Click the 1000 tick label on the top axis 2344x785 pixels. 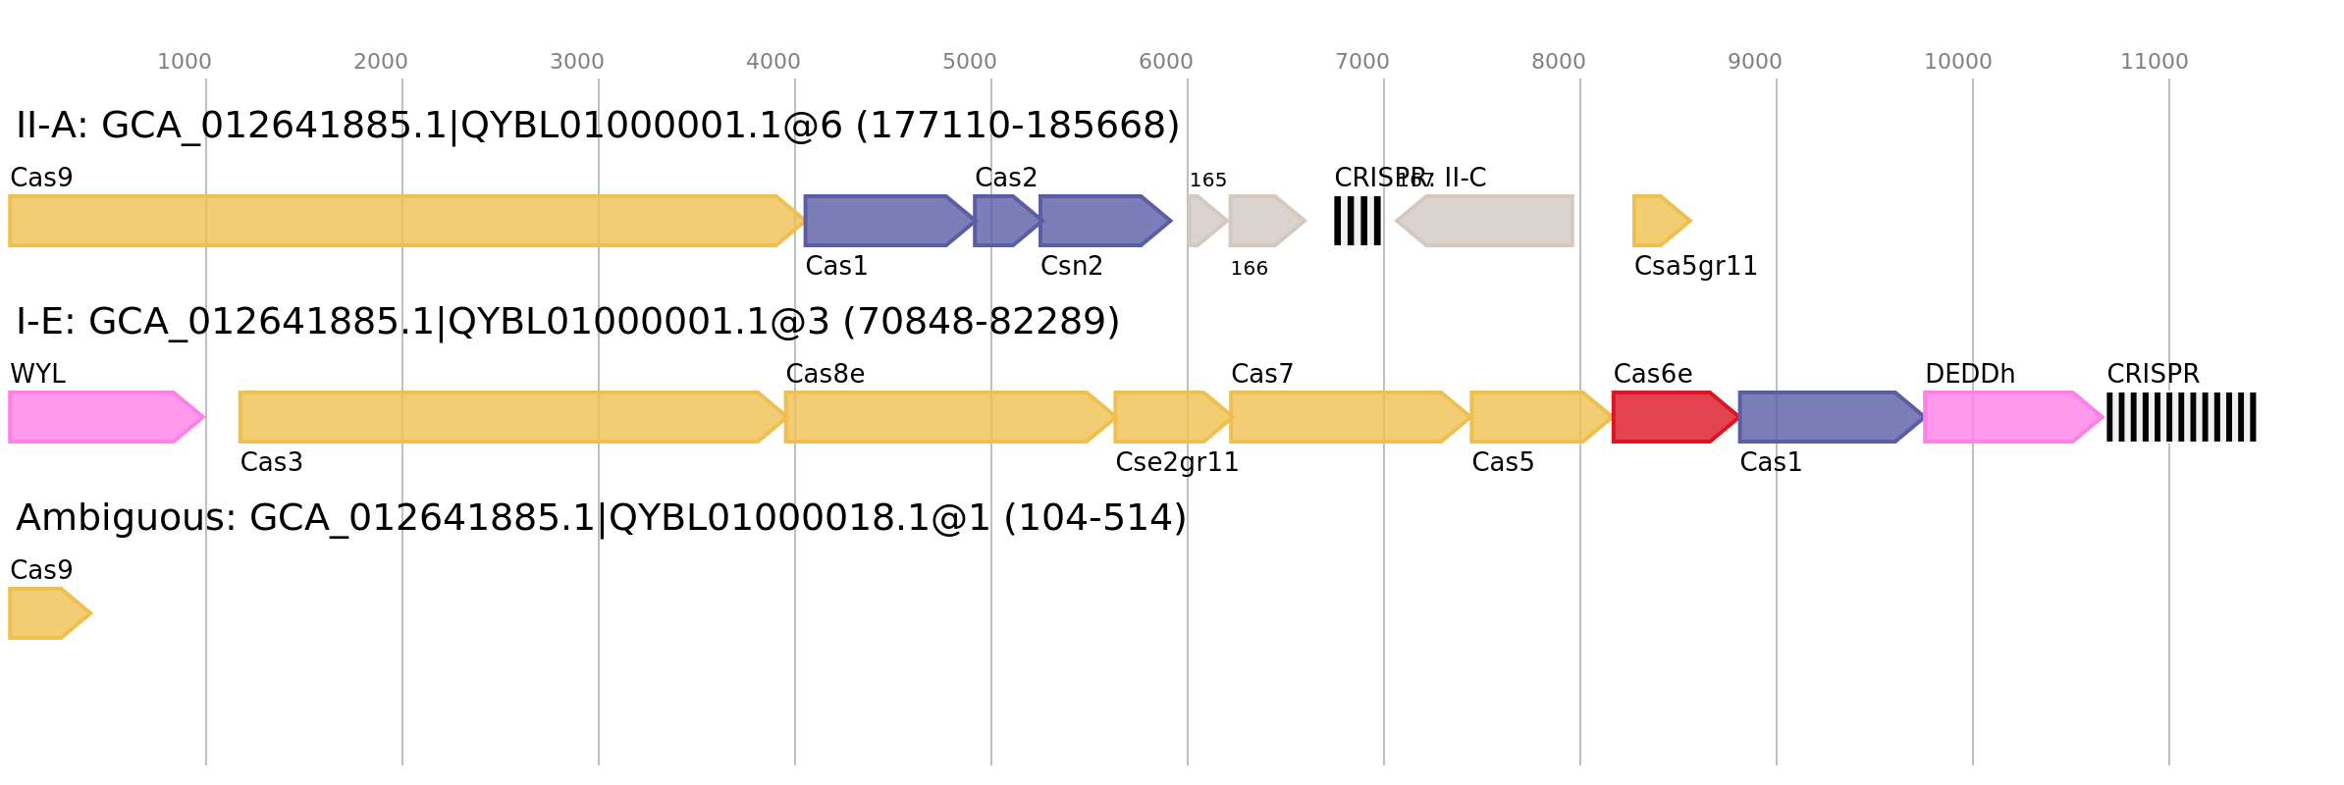[x=184, y=62]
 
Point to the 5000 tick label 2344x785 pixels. [x=969, y=62]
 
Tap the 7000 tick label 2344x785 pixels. [x=1361, y=62]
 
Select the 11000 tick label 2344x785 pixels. [x=2154, y=62]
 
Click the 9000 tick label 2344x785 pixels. [x=1754, y=62]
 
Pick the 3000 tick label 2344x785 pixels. [x=576, y=62]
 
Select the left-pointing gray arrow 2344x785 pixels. [x=1487, y=221]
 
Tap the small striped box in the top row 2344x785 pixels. [x=1358, y=221]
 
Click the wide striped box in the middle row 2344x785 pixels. [x=2181, y=417]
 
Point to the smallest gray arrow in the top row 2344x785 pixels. [x=1205, y=221]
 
